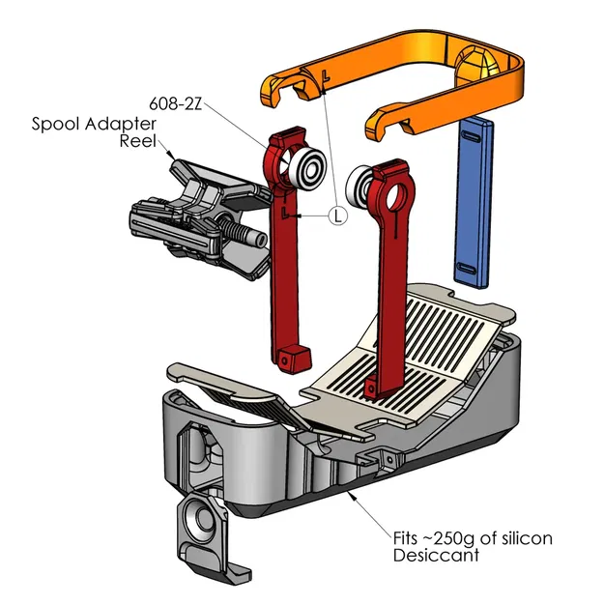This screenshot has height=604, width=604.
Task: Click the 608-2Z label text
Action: [176, 102]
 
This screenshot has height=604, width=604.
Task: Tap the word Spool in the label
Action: [56, 124]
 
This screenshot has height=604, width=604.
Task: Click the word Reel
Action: [137, 141]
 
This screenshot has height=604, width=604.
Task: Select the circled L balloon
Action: [337, 216]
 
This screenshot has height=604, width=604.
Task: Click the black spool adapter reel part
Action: [198, 217]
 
